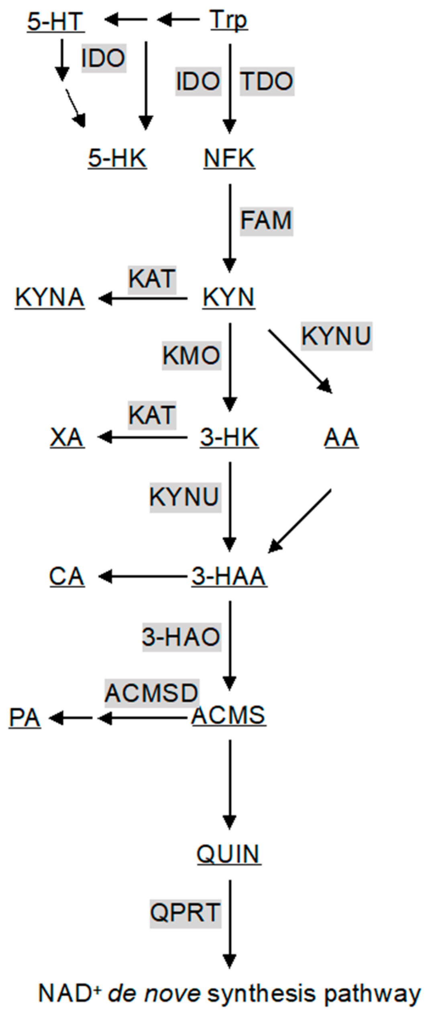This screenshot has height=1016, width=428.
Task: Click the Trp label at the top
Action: [228, 20]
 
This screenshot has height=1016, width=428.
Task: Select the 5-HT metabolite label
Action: [55, 21]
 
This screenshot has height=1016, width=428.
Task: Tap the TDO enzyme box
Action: [267, 81]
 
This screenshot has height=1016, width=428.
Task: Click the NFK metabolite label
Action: [229, 158]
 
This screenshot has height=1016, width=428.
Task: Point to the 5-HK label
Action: [117, 158]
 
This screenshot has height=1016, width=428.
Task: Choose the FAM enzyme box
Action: [266, 221]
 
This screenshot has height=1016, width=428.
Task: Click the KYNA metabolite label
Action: [50, 297]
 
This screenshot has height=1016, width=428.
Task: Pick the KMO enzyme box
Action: [192, 355]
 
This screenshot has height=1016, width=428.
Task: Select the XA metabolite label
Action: [67, 437]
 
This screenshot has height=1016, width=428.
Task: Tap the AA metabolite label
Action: [341, 437]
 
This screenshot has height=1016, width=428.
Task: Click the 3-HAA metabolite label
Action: [229, 576]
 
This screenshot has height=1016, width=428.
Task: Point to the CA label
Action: [67, 576]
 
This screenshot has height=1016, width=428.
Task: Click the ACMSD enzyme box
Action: [152, 693]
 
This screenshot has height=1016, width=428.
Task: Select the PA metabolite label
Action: [25, 718]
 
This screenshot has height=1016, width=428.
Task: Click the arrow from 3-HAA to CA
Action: [143, 577]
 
